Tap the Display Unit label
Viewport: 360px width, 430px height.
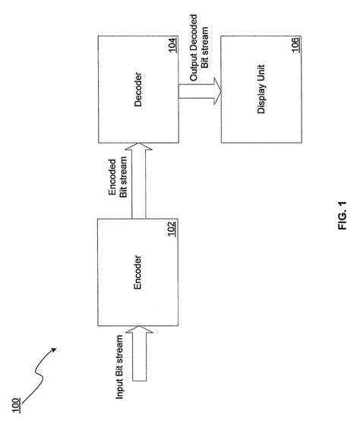(261, 91)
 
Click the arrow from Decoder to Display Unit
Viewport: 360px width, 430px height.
(199, 91)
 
